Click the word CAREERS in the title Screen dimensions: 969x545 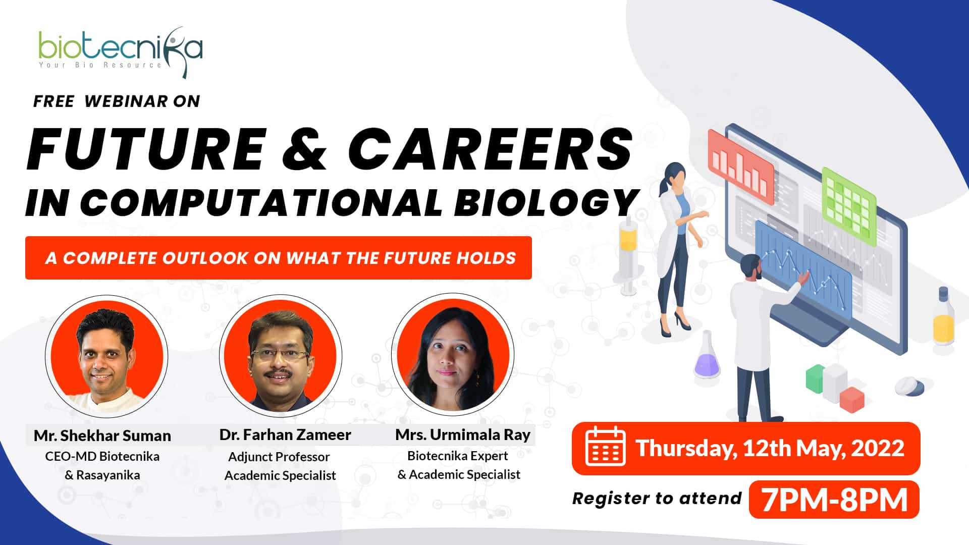(490, 149)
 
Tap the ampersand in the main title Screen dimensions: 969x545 (305, 149)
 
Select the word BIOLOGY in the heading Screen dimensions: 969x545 (547, 203)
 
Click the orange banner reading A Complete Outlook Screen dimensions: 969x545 (279, 258)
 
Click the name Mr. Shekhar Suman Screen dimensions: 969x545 (102, 435)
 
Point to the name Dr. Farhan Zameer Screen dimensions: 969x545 (285, 434)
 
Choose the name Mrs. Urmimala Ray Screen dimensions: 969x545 (463, 434)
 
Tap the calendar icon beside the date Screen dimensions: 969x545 (605, 447)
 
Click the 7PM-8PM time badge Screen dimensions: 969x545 (834, 500)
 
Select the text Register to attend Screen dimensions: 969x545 (657, 499)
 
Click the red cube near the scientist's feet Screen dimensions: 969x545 (852, 400)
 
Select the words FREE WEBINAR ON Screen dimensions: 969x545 (117, 101)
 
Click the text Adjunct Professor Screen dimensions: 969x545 (279, 457)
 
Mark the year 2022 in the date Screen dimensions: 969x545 (878, 448)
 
